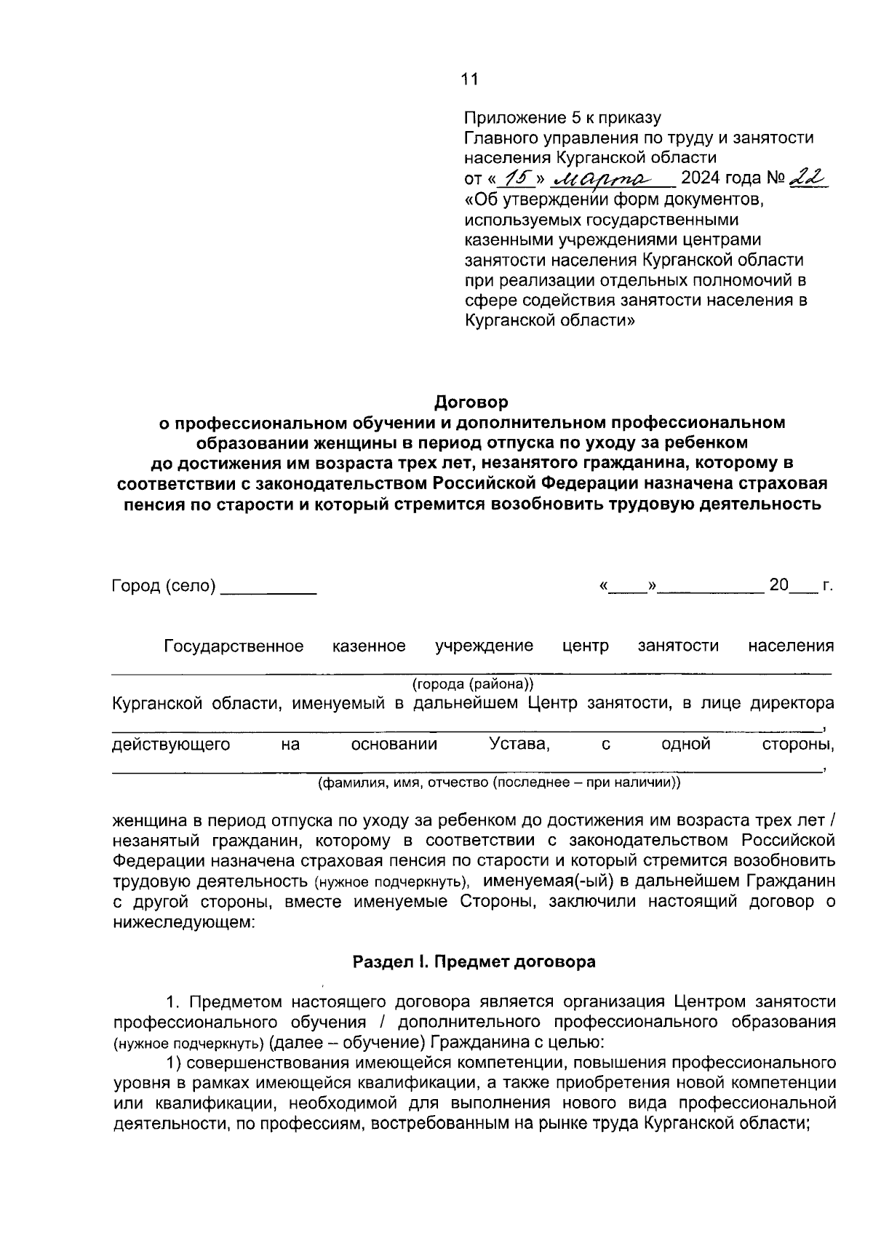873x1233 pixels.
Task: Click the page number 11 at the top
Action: tap(470, 79)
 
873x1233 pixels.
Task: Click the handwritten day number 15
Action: tap(520, 178)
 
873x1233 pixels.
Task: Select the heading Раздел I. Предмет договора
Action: tap(474, 962)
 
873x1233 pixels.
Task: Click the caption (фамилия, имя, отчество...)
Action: tap(498, 782)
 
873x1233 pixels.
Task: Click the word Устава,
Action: tap(519, 744)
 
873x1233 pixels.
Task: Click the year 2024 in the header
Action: tap(700, 178)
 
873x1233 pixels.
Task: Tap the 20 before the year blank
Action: tap(778, 585)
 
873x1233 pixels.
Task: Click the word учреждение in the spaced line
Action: tap(484, 646)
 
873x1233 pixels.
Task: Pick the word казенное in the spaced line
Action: tap(369, 646)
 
